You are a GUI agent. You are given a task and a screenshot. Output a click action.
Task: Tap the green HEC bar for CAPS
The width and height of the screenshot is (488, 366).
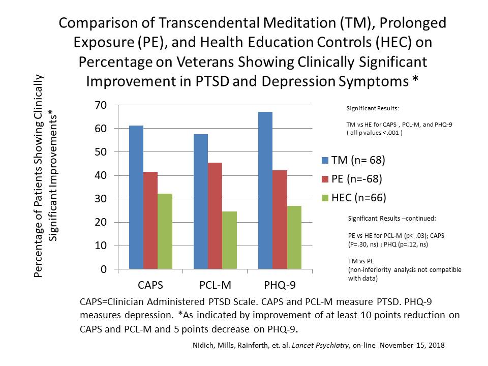(165, 231)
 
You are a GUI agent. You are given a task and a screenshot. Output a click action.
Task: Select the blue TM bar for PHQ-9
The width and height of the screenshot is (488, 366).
(265, 190)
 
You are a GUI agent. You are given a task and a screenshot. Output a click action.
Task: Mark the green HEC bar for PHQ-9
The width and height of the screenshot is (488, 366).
(294, 237)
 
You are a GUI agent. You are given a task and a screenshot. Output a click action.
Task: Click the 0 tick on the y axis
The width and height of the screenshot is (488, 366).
(104, 269)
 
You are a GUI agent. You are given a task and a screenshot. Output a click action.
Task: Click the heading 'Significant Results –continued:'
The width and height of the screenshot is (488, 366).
(391, 218)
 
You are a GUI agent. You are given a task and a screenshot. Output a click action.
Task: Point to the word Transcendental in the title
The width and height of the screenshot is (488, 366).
(196, 23)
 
